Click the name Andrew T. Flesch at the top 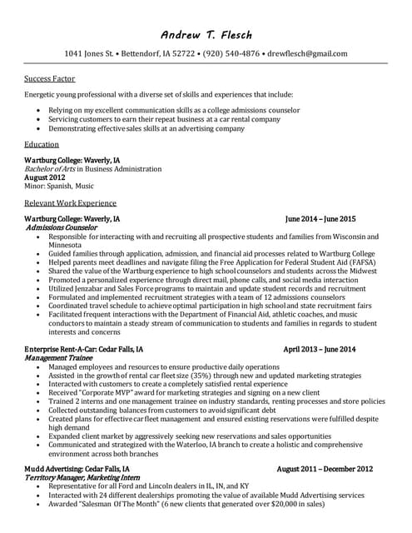click(206, 35)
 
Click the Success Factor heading click(50, 79)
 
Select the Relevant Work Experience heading click(71, 202)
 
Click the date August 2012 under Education click(45, 177)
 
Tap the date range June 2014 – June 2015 click(320, 219)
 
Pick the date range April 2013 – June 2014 click(320, 349)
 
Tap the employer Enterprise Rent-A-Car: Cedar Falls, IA click(83, 349)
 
